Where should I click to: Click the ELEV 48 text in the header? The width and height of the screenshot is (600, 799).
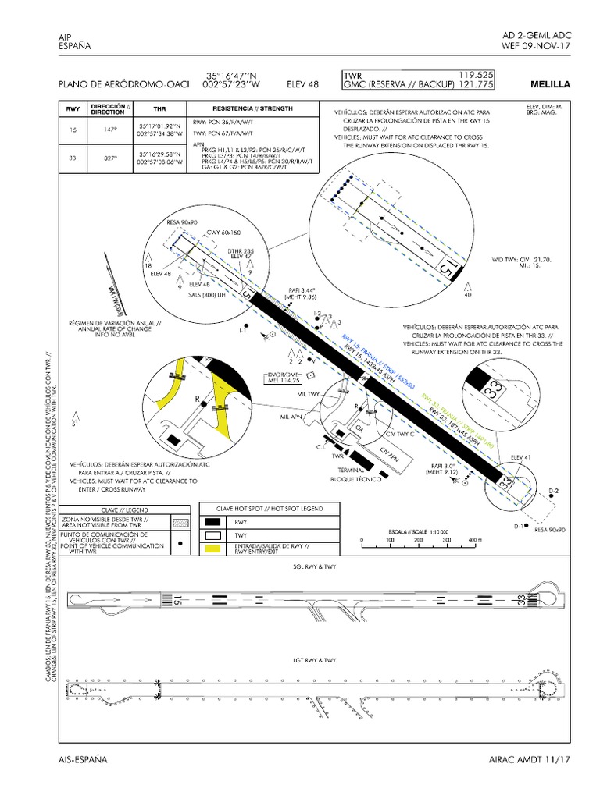pos(304,84)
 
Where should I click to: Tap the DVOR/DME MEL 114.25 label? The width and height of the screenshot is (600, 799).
pos(284,377)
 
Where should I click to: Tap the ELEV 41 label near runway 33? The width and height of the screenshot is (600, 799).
pos(520,456)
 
